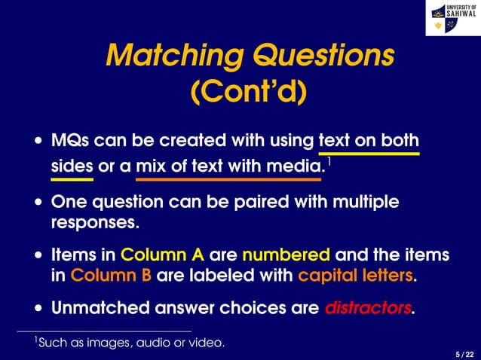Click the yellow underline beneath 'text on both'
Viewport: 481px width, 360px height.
[x=369, y=154]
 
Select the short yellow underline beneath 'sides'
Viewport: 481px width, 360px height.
[x=72, y=180]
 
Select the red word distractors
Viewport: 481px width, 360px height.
[x=369, y=308]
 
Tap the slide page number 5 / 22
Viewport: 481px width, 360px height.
[x=464, y=353]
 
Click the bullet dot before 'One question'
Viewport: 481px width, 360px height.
[x=38, y=203]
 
